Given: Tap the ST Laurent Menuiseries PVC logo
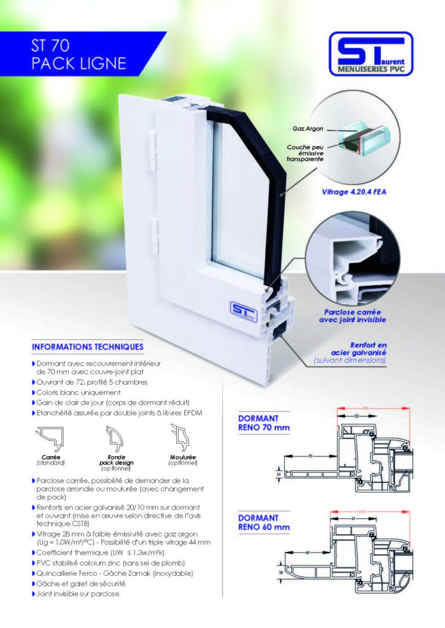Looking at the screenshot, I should [371, 54].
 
